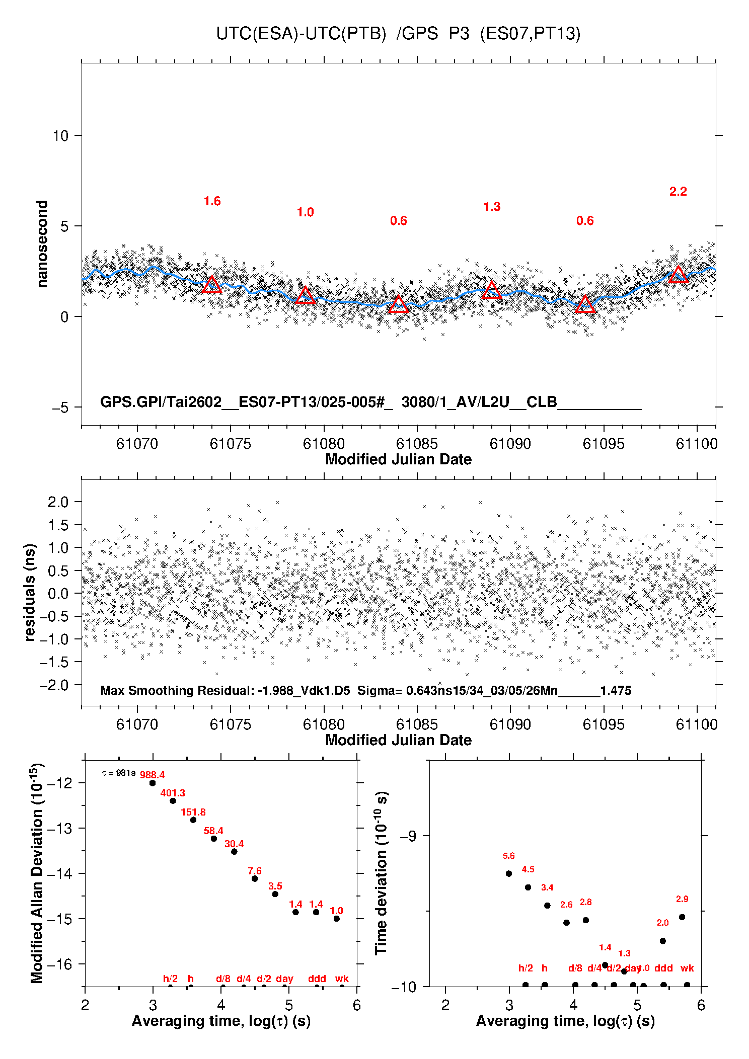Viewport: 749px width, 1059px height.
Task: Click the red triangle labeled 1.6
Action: tap(212, 285)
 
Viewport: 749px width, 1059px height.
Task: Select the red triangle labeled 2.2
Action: tap(678, 275)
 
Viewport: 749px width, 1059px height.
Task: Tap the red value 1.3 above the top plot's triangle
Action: tap(492, 207)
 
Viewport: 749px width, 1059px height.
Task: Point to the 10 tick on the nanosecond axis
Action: tap(60, 136)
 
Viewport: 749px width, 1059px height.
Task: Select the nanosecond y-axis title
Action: tap(42, 244)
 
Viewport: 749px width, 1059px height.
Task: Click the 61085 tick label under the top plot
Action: tap(417, 444)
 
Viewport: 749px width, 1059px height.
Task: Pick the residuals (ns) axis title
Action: tap(30, 593)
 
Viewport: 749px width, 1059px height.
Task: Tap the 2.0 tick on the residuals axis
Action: tap(58, 502)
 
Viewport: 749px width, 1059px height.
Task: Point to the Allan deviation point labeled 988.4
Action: tap(153, 783)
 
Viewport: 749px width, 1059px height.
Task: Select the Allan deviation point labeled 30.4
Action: tap(234, 851)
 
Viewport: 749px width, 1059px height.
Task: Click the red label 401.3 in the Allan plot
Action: tap(173, 793)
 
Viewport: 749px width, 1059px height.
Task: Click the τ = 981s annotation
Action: tap(119, 773)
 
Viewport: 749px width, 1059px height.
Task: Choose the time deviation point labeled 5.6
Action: tap(509, 873)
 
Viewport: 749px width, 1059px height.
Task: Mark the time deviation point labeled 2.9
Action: tap(682, 917)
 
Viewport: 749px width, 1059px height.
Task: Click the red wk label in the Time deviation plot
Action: tap(687, 968)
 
